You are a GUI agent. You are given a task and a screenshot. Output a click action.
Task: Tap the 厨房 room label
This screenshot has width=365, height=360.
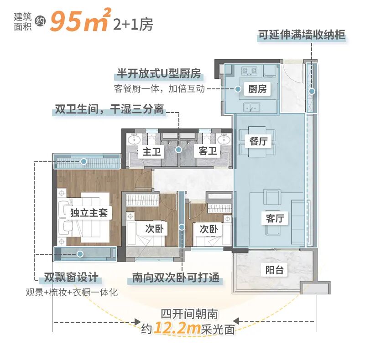click(x=257, y=89)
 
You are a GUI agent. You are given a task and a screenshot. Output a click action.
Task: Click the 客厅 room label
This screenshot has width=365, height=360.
click(x=275, y=218)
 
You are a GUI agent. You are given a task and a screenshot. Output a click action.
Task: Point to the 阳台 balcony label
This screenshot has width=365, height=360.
click(x=274, y=270)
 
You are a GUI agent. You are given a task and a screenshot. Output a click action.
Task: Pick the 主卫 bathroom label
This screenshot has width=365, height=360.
click(x=152, y=151)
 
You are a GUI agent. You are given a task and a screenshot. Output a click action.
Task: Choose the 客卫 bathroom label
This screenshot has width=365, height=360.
click(x=208, y=151)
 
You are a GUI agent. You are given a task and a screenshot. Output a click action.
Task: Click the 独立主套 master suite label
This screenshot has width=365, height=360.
click(x=89, y=213)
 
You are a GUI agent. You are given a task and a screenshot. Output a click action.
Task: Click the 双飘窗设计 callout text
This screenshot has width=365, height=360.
click(x=70, y=278)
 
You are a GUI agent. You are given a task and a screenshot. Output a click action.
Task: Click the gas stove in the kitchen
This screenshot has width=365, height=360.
click(x=249, y=71)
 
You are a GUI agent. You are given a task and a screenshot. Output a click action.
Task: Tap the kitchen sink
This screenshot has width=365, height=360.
click(x=251, y=108)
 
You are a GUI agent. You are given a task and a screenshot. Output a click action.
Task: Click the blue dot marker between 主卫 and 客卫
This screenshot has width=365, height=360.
click(x=179, y=149)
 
